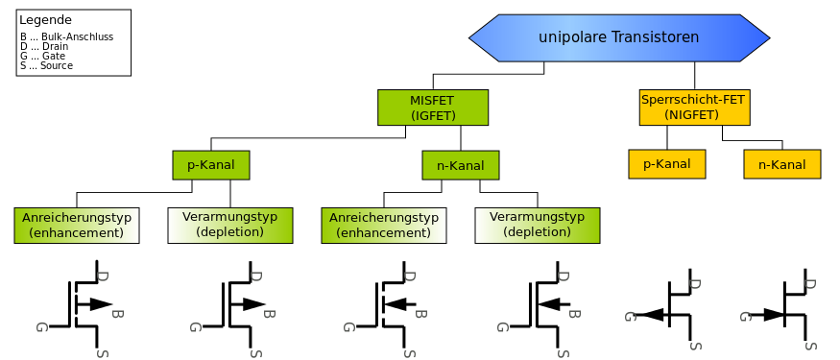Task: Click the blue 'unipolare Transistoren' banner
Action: click(x=619, y=37)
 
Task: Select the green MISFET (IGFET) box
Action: click(x=433, y=108)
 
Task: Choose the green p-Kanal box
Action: click(x=211, y=164)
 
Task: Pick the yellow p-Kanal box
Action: click(x=667, y=163)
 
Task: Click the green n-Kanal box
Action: click(x=461, y=165)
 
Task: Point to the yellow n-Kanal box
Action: click(x=782, y=164)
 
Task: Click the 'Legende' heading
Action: click(x=45, y=19)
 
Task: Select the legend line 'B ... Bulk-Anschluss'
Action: click(x=66, y=36)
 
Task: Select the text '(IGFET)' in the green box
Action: click(x=433, y=116)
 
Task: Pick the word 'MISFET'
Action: click(x=433, y=100)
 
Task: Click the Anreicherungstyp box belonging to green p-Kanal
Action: click(x=77, y=225)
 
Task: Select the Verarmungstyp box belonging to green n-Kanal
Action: click(x=538, y=225)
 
